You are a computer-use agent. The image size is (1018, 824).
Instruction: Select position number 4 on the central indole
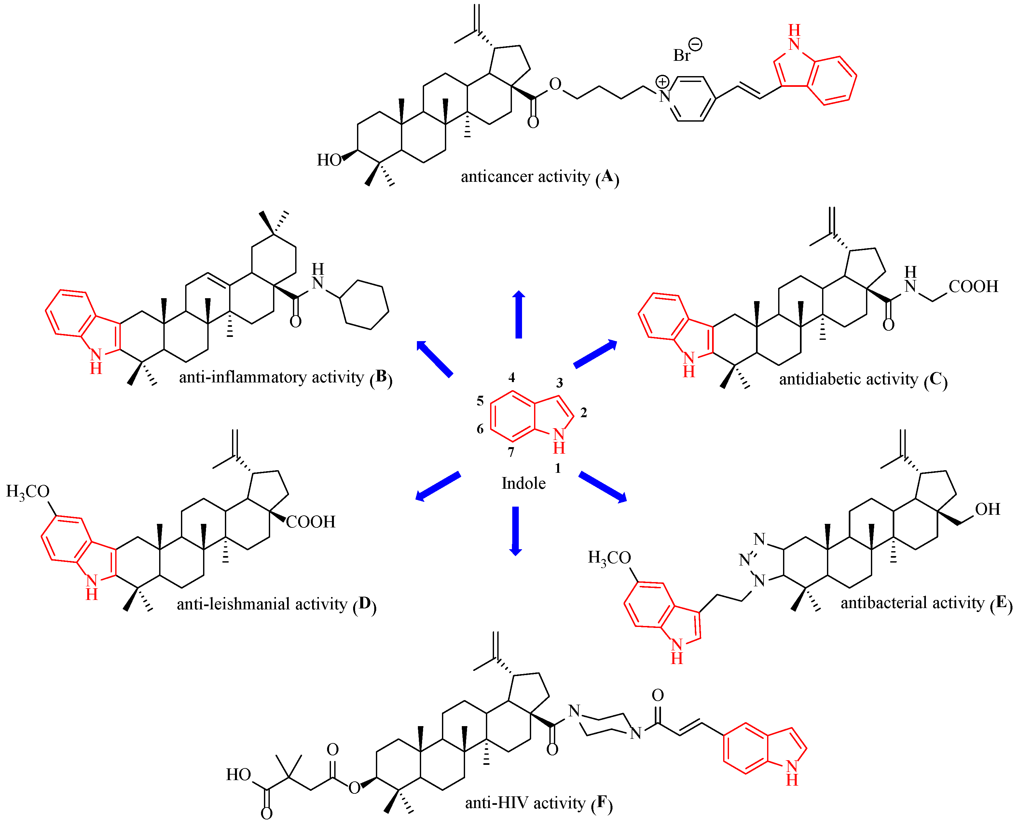512,377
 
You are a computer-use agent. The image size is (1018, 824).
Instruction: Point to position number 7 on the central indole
511,452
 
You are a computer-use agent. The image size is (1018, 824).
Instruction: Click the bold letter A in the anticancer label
607,176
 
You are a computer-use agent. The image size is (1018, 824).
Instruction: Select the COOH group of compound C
973,286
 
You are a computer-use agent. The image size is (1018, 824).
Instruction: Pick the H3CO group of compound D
28,491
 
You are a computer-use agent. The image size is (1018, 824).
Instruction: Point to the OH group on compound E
988,509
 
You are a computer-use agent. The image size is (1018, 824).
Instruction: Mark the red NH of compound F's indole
791,772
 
